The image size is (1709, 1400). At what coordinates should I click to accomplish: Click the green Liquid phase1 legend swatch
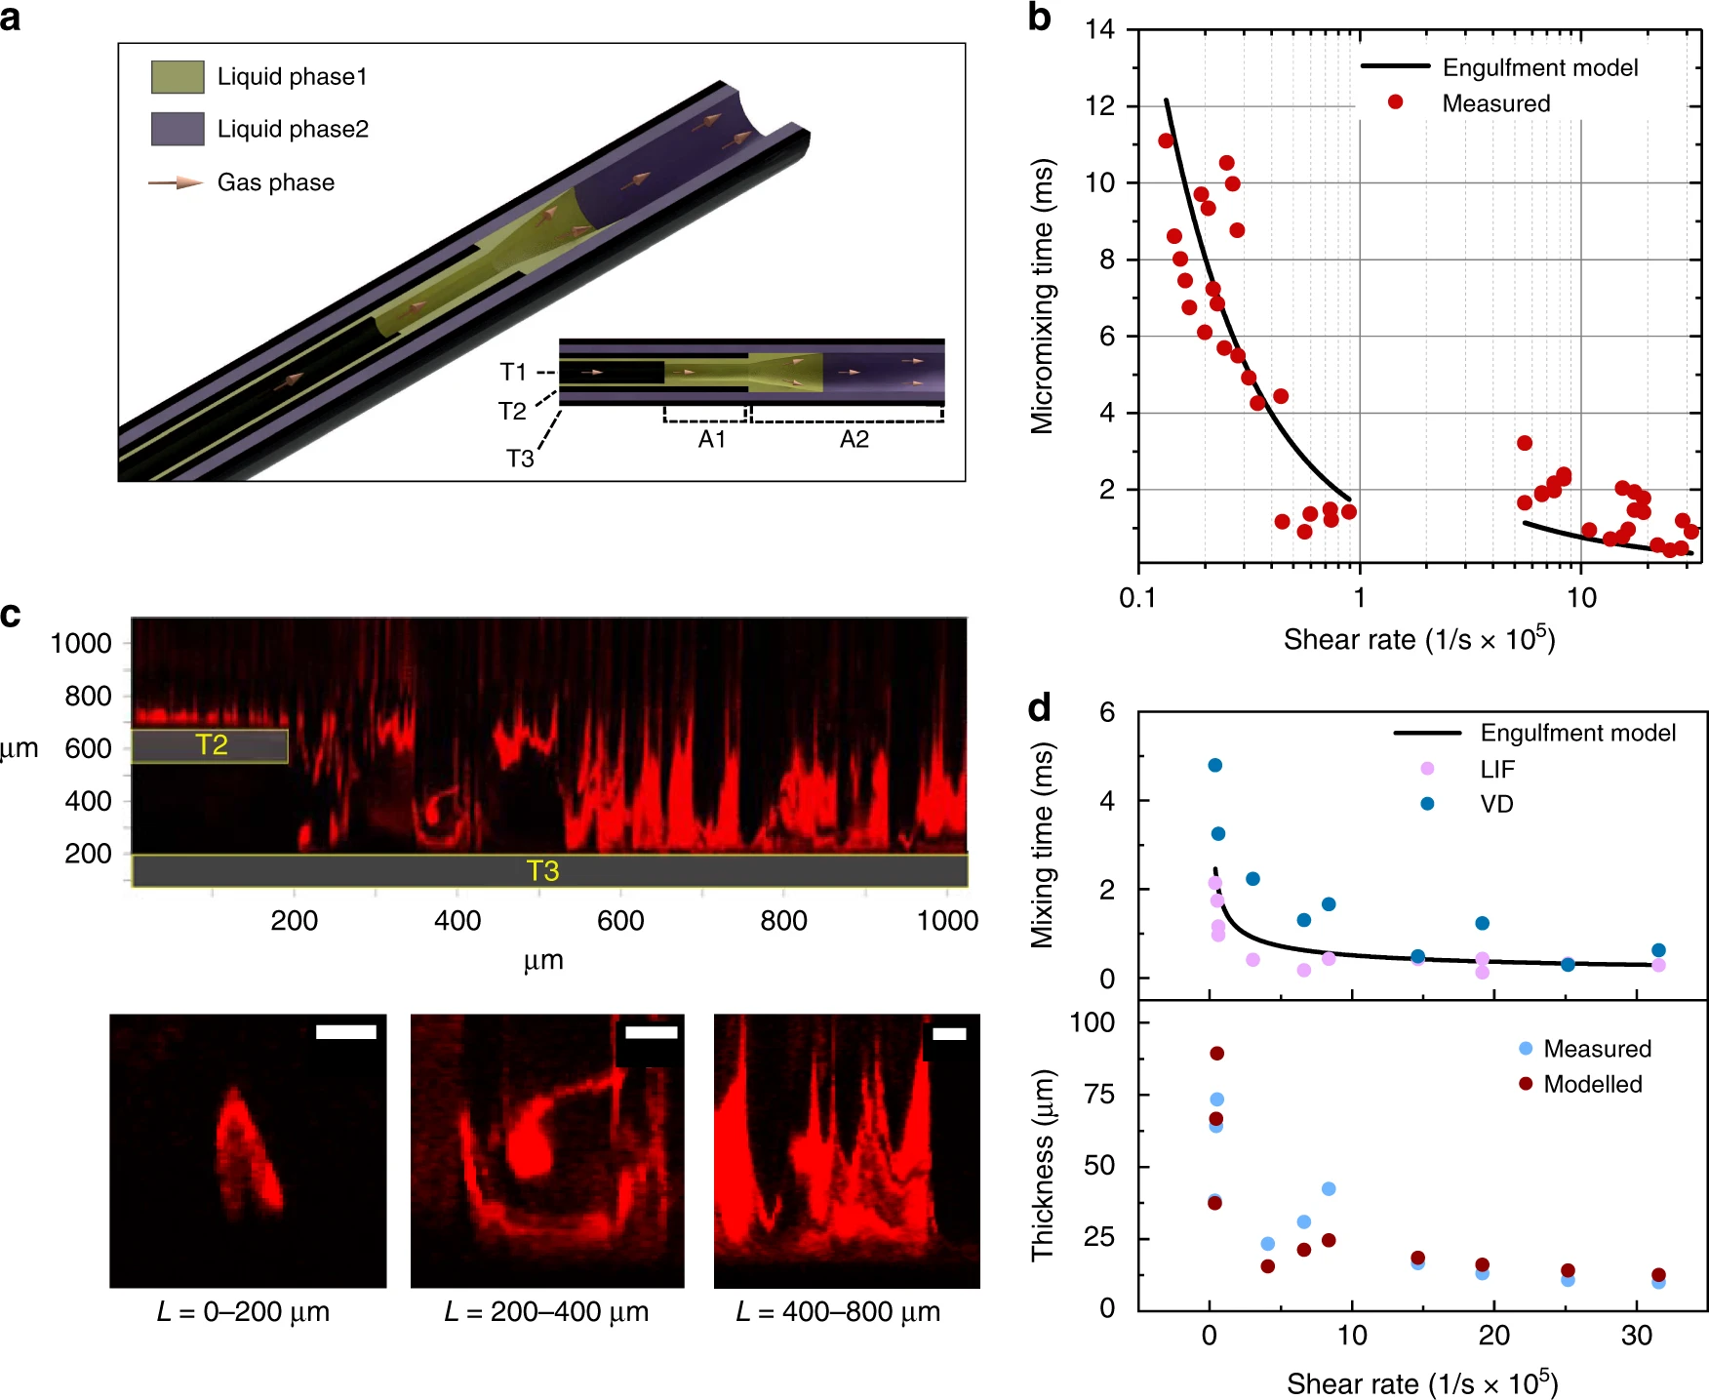pyautogui.click(x=178, y=77)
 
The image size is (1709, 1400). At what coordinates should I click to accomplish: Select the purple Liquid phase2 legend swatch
pyautogui.click(x=178, y=129)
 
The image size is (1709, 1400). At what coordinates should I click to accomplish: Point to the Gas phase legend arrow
pyautogui.click(x=176, y=182)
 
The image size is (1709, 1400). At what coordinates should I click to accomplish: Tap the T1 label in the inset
pyautogui.click(x=513, y=372)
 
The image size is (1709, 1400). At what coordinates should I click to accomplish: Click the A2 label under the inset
pyautogui.click(x=854, y=440)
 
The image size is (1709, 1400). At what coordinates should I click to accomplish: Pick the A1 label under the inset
pyautogui.click(x=712, y=440)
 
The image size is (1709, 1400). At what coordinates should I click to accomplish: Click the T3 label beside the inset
pyautogui.click(x=520, y=459)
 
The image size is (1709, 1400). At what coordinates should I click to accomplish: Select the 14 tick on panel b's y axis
pyautogui.click(x=1100, y=29)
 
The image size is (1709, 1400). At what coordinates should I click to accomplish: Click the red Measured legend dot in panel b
pyautogui.click(x=1396, y=102)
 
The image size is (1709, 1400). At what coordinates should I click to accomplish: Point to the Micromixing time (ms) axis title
pyautogui.click(x=1043, y=296)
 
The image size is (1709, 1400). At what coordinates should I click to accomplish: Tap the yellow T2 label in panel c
pyautogui.click(x=212, y=745)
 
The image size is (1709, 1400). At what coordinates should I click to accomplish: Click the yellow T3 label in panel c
pyautogui.click(x=542, y=870)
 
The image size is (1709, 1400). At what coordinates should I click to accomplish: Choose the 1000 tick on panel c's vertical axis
pyautogui.click(x=81, y=643)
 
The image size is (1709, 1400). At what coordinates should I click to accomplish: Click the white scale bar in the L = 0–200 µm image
pyautogui.click(x=346, y=1032)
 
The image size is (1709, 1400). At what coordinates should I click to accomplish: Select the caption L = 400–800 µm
pyautogui.click(x=838, y=1312)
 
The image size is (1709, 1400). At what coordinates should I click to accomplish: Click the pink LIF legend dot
pyautogui.click(x=1427, y=769)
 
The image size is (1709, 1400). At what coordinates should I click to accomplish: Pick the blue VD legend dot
pyautogui.click(x=1427, y=804)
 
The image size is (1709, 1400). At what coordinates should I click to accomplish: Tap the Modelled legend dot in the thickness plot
pyautogui.click(x=1526, y=1084)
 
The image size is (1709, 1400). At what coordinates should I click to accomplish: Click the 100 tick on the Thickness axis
pyautogui.click(x=1093, y=1022)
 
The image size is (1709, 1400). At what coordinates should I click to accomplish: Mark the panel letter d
pyautogui.click(x=1040, y=707)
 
